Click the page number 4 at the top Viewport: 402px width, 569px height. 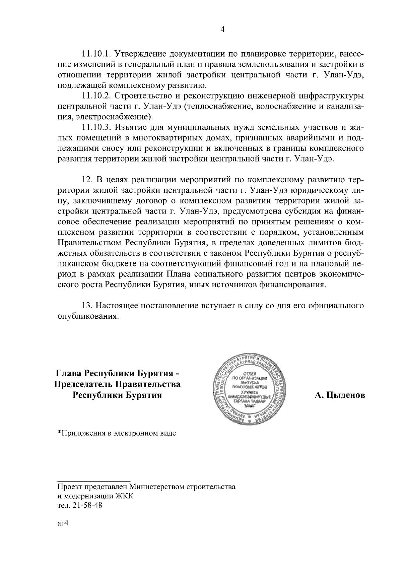click(221, 30)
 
